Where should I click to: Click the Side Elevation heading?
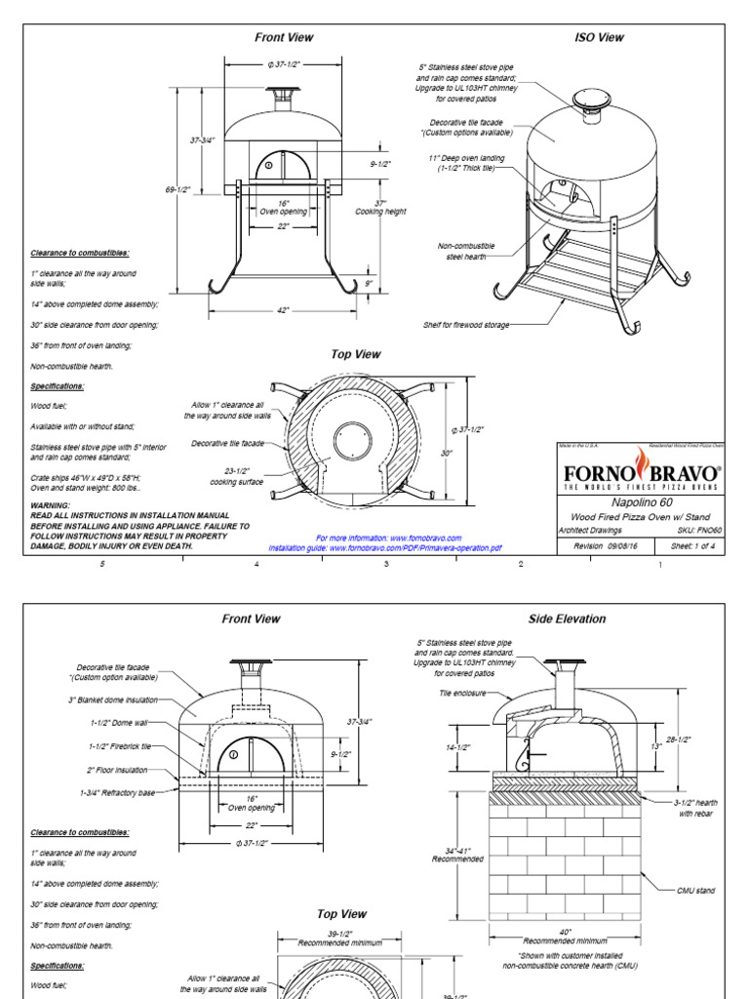pyautogui.click(x=567, y=619)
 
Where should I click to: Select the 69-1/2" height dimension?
pyautogui.click(x=177, y=189)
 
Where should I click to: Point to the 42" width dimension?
pyautogui.click(x=284, y=310)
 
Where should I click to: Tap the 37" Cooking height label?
pyautogui.click(x=379, y=207)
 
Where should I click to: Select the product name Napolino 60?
pyautogui.click(x=640, y=501)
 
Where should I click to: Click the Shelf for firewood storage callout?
pyautogui.click(x=465, y=324)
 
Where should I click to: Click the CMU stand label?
pyautogui.click(x=696, y=890)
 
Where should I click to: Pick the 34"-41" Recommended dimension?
pyautogui.click(x=457, y=855)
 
